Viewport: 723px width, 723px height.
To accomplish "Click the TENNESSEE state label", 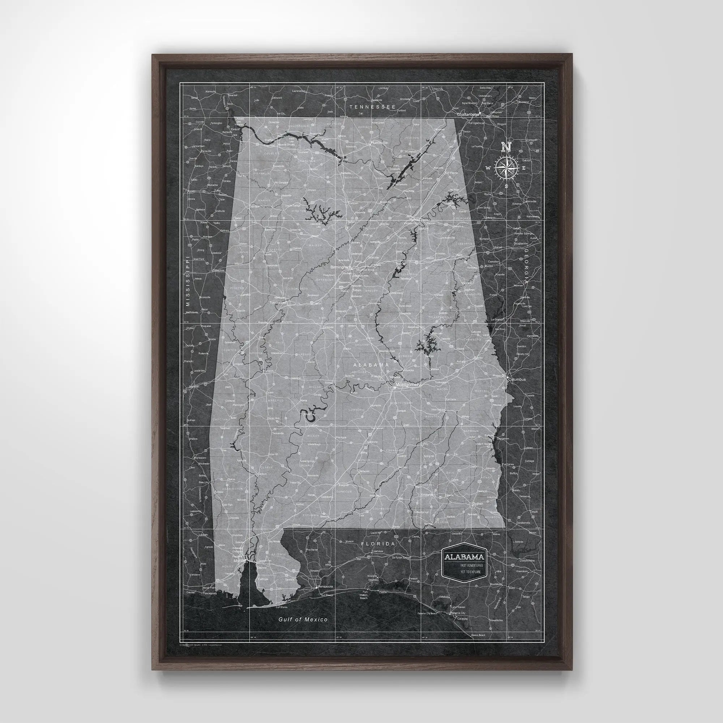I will (372, 107).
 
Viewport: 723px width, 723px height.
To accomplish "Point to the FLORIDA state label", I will (378, 544).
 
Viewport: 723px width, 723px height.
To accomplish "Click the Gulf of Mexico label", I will (303, 619).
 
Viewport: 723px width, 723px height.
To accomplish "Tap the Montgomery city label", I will (408, 384).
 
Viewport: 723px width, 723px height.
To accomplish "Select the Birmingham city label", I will (341, 268).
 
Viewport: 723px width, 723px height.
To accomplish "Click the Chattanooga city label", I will (468, 114).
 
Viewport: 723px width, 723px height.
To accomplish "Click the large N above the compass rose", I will (506, 147).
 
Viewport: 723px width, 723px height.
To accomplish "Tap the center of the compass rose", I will (506, 168).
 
